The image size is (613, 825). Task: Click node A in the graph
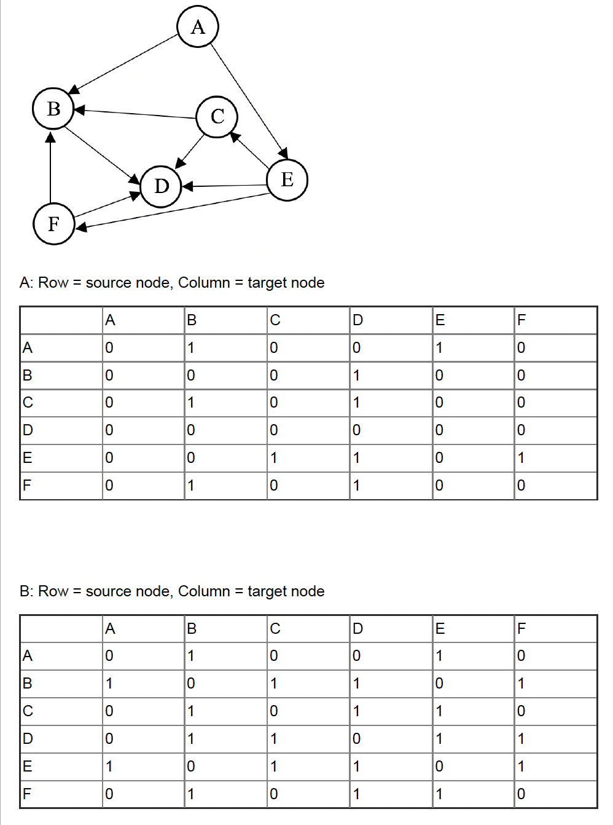pos(197,26)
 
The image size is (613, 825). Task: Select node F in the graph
pos(53,223)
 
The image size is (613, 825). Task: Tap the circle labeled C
pos(217,116)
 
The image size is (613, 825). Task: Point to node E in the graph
pos(287,180)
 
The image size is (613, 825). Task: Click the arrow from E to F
pos(172,211)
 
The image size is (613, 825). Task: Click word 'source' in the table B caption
pos(109,591)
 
